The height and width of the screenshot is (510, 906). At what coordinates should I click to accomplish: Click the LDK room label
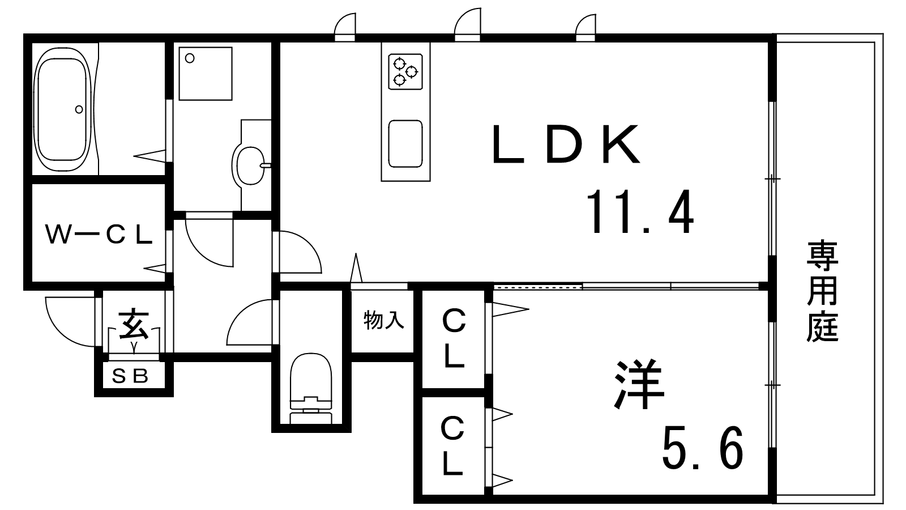click(x=566, y=144)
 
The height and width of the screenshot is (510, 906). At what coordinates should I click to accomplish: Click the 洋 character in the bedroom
click(x=639, y=384)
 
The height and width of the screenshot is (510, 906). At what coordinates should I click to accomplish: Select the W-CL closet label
click(x=99, y=235)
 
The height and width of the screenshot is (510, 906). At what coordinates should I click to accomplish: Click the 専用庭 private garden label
click(x=822, y=291)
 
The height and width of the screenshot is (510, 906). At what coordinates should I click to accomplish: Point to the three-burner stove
click(x=405, y=71)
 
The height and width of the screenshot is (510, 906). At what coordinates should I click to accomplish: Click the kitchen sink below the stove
click(x=405, y=144)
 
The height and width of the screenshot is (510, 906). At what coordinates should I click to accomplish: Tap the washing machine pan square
click(x=206, y=74)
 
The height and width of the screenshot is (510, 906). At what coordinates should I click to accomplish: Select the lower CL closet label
click(x=452, y=445)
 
